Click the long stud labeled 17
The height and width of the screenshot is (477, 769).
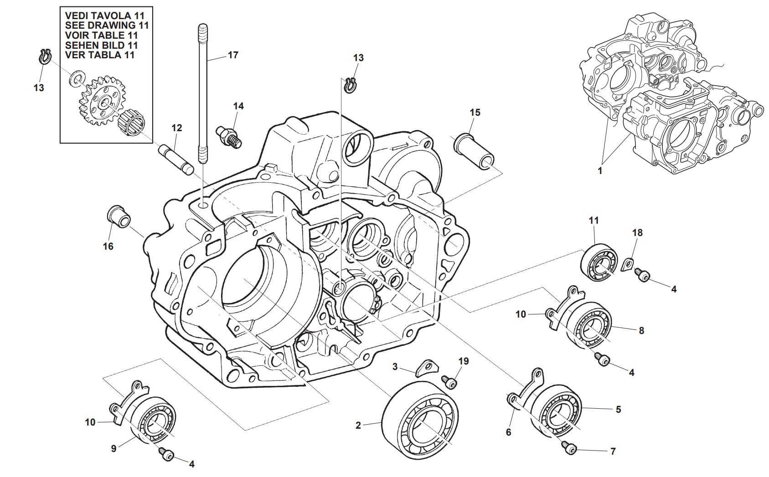[202, 91]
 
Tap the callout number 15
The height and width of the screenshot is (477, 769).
[475, 112]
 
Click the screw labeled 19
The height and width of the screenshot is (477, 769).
[449, 382]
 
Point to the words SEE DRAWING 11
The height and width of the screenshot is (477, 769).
[107, 25]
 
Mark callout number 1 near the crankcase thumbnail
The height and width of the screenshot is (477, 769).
[600, 171]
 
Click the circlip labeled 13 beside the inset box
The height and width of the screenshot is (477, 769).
[44, 56]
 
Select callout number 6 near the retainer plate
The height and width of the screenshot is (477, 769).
[509, 431]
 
